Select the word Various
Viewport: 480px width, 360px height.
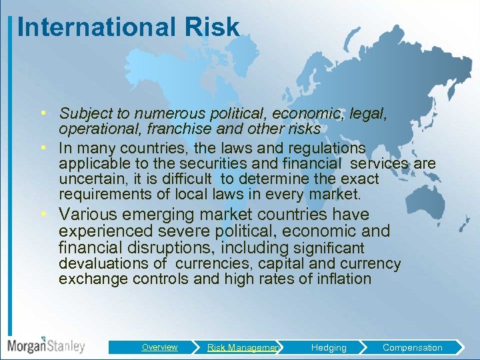86,215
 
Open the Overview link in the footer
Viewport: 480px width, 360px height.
159,347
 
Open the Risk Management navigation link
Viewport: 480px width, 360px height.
243,347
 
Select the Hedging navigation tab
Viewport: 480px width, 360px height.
328,347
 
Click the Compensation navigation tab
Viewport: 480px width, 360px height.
412,347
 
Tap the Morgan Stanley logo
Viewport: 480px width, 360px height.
46,345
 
